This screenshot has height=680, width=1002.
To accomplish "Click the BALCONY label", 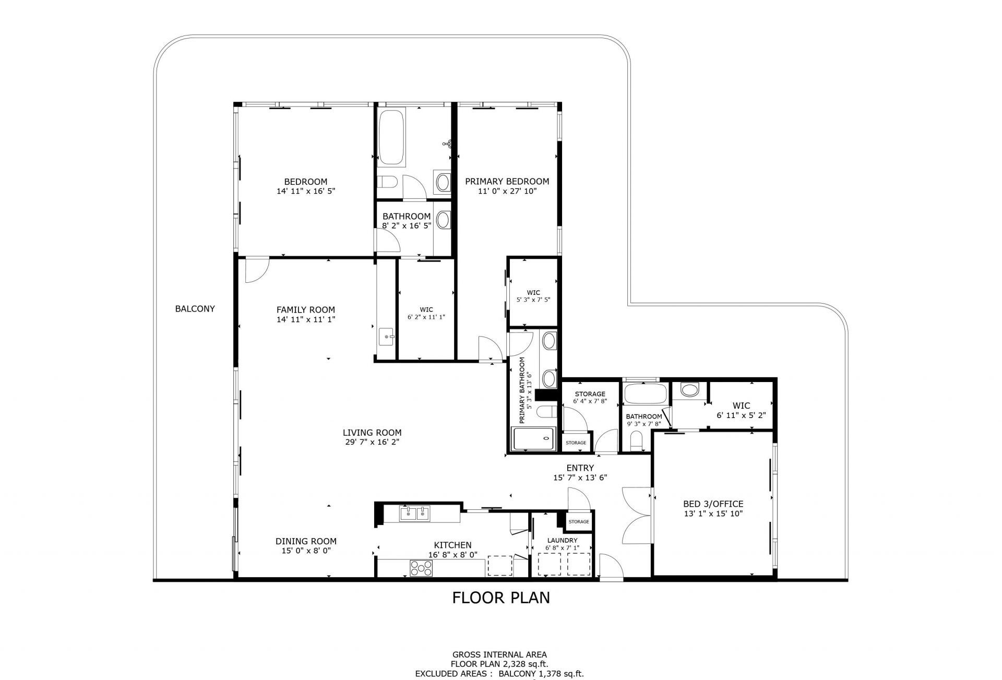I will pos(195,308).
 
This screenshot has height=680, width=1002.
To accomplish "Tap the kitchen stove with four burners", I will pos(420,567).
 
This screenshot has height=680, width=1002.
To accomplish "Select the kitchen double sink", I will pos(415,514).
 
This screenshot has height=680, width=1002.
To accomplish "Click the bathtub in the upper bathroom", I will pos(391,137).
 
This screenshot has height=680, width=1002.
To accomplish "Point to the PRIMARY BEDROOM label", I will pos(507,182).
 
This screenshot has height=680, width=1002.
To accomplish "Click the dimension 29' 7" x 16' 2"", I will pos(372,442).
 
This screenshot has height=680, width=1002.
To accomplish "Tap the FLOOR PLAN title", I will pos(500,597).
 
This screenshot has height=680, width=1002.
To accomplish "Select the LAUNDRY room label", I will pos(562,540).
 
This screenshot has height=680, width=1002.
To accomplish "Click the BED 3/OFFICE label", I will pos(713,504).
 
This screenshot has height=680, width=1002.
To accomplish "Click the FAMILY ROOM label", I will pos(305,309).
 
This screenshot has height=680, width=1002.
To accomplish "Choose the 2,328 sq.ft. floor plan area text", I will pos(524,664).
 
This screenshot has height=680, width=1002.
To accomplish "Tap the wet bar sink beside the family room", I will pos(386,337).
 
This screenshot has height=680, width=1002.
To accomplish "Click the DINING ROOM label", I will pos(306,541).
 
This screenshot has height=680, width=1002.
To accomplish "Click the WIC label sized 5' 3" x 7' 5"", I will pos(533,293).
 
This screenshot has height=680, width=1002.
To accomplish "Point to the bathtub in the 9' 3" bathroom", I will pos(645,394).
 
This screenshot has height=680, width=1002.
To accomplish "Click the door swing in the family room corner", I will pos(256,270).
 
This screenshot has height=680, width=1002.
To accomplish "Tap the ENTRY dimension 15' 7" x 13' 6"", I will pos(580,478).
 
